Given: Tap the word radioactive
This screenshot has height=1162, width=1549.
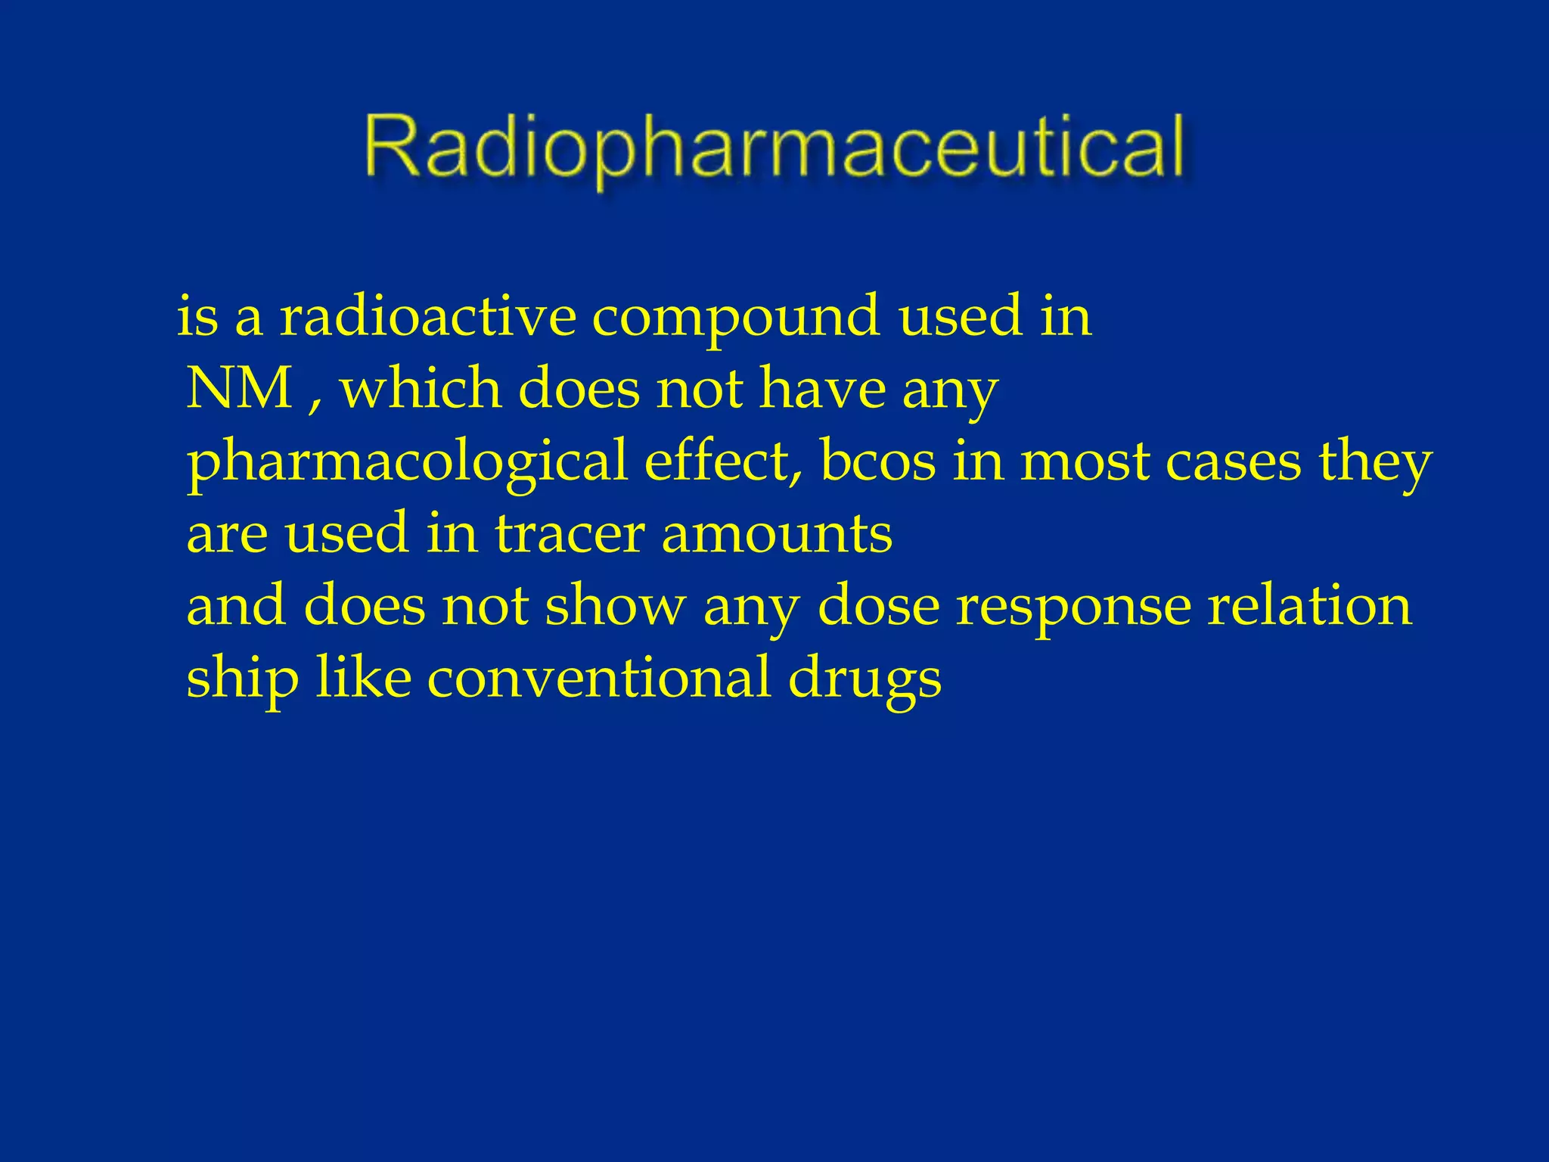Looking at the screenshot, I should coord(428,315).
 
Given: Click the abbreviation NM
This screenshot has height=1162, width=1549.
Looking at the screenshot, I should coord(240,388).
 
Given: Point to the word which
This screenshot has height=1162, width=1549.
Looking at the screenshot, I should coord(421,388).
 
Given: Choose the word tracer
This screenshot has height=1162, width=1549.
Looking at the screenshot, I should coord(570,533).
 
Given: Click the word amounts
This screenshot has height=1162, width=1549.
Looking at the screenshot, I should coord(777,534).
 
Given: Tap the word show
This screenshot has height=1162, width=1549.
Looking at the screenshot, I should coord(615,604).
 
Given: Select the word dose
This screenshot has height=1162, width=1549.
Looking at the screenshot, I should coord(878,604).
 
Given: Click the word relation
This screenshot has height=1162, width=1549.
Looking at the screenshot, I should coord(1308,604).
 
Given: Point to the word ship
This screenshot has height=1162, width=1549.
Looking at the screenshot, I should coord(242,678).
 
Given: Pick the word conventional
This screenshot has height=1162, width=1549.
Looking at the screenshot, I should coord(598,676).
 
